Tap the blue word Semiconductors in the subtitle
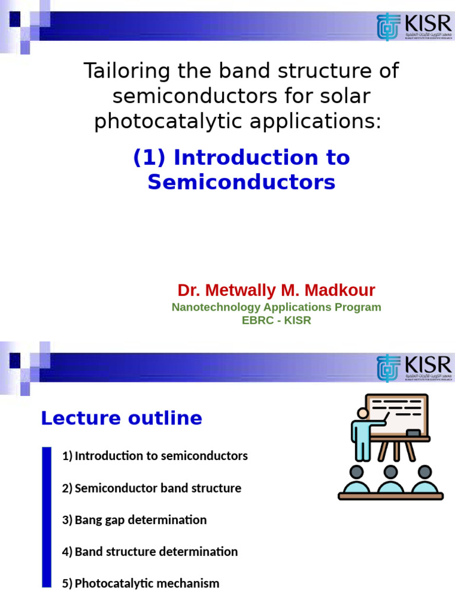pos(241,182)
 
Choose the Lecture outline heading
pos(121,418)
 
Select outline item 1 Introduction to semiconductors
pos(155,456)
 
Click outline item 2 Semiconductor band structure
pos(152,488)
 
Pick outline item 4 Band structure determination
pos(150,551)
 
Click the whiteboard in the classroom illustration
pos(397,414)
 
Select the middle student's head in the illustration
pos(390,472)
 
